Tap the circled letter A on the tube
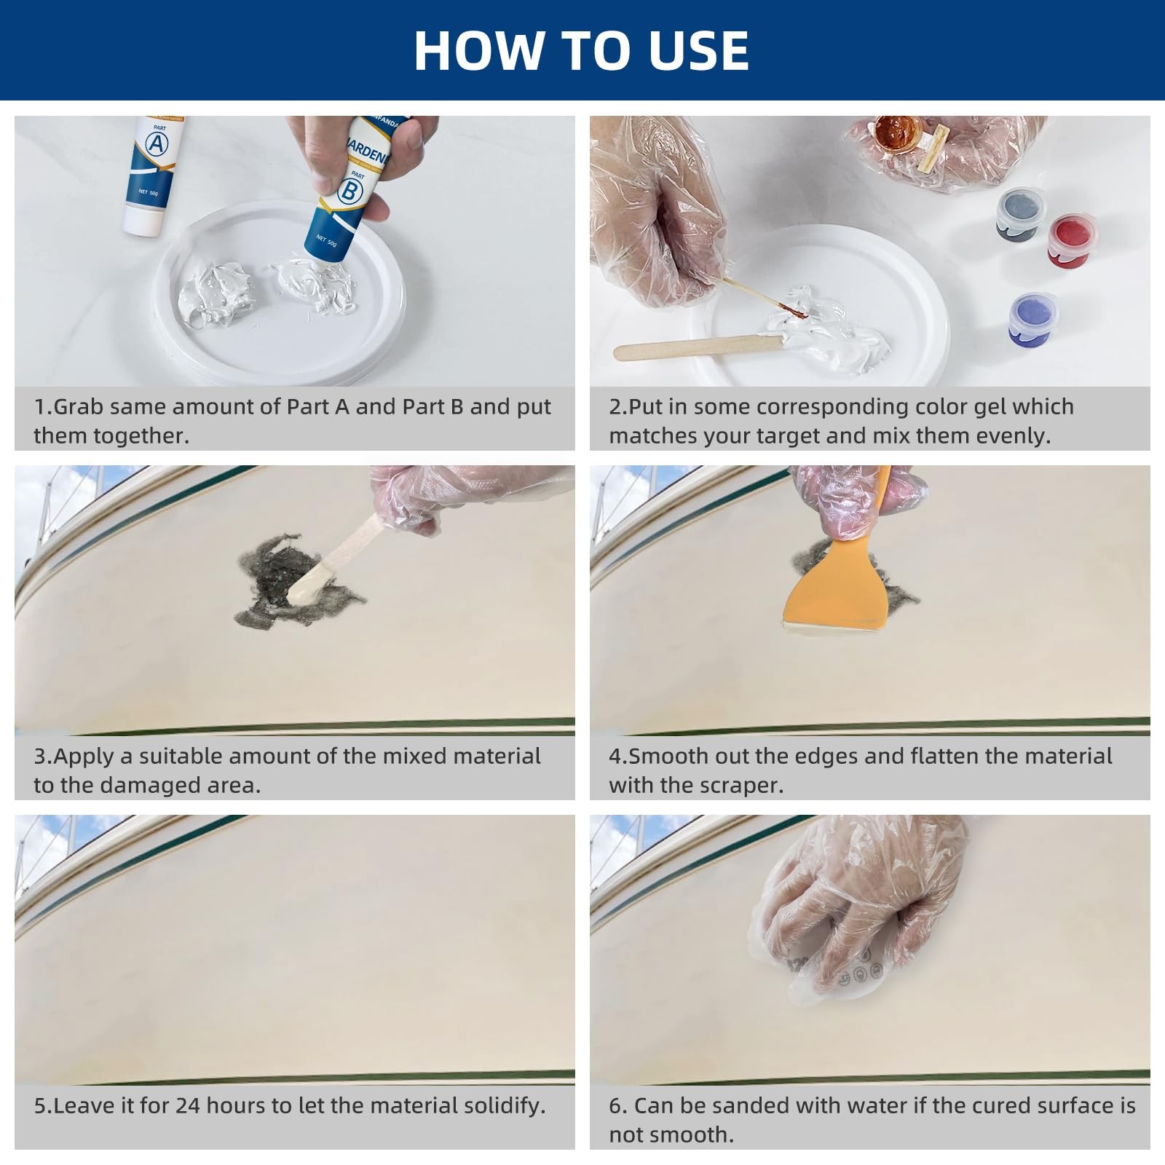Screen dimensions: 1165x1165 (157, 143)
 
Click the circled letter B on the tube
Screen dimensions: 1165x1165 (351, 191)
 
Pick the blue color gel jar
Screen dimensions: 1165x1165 (1033, 320)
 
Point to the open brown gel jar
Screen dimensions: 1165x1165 (898, 134)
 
